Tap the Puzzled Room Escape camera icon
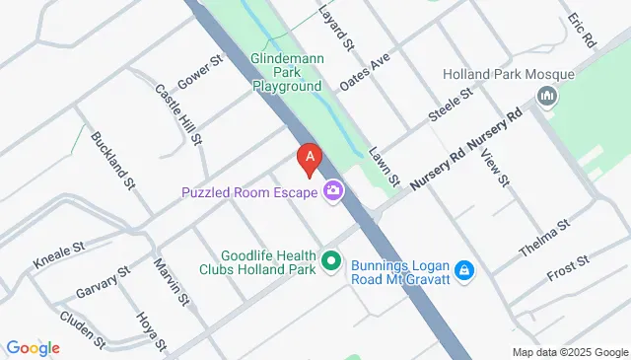pyautogui.click(x=334, y=190)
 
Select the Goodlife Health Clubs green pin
pyautogui.click(x=332, y=261)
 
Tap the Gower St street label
pyautogui.click(x=201, y=71)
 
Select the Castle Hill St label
pyautogui.click(x=178, y=114)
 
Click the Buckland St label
pyautogui.click(x=111, y=160)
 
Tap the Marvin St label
pyautogui.click(x=171, y=281)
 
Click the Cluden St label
pyautogui.click(x=82, y=328)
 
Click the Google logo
pyautogui.click(x=33, y=347)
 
